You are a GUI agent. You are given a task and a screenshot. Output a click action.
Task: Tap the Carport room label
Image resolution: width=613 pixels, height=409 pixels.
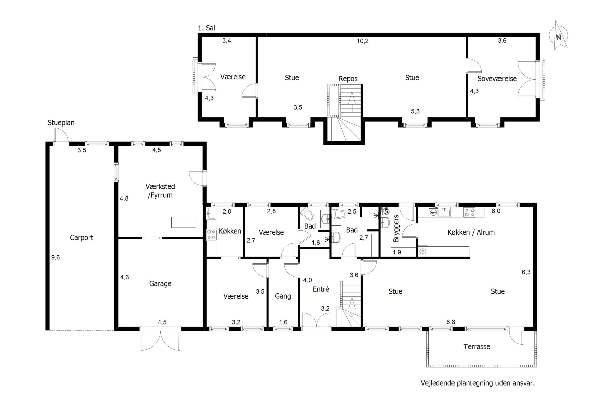(x=82, y=238)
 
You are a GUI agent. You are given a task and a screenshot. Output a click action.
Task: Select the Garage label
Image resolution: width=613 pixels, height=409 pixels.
(x=160, y=283)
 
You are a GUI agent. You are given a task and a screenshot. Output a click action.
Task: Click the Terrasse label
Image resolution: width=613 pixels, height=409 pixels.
(x=477, y=346)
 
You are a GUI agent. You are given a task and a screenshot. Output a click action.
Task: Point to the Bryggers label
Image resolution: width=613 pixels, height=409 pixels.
(x=396, y=228)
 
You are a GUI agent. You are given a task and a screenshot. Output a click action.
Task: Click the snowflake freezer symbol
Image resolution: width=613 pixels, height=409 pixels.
(x=423, y=251)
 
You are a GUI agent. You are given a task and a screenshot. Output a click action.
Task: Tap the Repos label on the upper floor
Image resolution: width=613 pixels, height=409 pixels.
(x=348, y=79)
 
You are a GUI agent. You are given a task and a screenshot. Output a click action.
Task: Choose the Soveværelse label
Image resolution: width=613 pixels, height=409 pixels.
(x=497, y=79)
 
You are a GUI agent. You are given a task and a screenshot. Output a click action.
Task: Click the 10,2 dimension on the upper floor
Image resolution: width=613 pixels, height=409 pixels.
(x=363, y=41)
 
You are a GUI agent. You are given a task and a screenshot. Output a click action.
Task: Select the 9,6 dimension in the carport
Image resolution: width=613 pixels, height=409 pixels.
(x=55, y=257)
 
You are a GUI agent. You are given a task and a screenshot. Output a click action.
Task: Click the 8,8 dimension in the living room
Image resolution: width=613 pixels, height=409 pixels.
(x=451, y=322)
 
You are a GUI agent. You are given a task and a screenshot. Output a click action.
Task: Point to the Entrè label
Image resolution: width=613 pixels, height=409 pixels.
(x=321, y=289)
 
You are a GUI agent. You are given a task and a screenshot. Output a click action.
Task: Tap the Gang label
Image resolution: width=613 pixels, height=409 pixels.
(x=283, y=296)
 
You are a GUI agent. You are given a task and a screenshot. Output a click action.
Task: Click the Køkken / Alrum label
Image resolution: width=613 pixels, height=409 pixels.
(x=471, y=232)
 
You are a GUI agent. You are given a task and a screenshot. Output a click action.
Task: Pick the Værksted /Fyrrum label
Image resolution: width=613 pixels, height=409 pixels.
(x=160, y=191)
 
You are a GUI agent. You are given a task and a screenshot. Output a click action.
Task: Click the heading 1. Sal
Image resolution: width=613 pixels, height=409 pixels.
(x=206, y=28)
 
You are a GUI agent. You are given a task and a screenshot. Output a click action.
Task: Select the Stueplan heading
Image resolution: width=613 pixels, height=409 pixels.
(x=61, y=122)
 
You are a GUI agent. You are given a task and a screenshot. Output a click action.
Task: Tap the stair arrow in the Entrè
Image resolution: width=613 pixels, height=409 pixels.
(x=352, y=307)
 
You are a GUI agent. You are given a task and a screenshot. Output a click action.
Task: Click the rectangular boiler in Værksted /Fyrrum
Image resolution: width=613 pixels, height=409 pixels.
(x=184, y=222)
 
